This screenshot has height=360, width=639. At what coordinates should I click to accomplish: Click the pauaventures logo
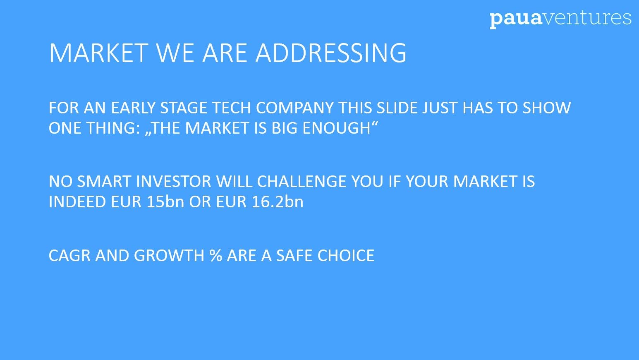click(560, 19)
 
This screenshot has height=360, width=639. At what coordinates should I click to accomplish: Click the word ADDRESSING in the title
click(331, 53)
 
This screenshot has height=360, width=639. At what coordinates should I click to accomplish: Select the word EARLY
click(133, 108)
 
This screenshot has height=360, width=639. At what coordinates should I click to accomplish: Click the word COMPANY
click(294, 108)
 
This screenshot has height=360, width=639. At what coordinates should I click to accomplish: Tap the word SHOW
click(547, 108)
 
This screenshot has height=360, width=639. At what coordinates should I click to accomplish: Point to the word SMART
click(104, 182)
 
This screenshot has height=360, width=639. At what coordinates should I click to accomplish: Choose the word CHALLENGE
click(302, 182)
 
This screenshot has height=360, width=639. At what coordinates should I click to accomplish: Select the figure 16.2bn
click(278, 202)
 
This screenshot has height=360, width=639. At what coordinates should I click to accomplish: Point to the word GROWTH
click(169, 255)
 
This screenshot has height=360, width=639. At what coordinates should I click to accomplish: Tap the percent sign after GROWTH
click(215, 255)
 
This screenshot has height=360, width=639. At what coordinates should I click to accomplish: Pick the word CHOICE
click(346, 255)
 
